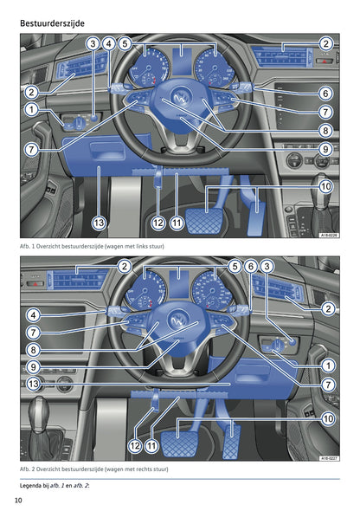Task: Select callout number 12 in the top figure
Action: (157, 223)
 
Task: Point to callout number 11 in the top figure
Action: (177, 223)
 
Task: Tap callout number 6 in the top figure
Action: (325, 94)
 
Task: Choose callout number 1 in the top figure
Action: (31, 110)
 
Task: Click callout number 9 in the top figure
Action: (325, 149)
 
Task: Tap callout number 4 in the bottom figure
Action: (31, 315)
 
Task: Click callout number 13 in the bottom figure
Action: (31, 383)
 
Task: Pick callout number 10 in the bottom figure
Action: (327, 418)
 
